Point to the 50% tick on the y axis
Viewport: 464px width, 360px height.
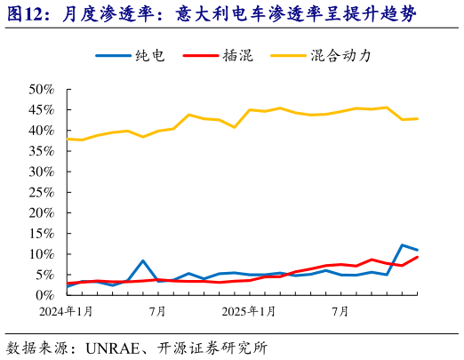(x=42, y=90)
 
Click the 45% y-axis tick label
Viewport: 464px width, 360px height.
(x=42, y=110)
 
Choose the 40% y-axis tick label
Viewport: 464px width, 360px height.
(x=42, y=131)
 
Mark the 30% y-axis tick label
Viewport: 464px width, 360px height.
(x=42, y=172)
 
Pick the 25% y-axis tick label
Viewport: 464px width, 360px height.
(x=42, y=192)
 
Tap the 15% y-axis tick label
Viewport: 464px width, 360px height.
(x=42, y=233)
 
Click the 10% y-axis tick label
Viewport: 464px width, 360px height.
(x=42, y=254)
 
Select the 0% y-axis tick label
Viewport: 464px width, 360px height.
(x=45, y=295)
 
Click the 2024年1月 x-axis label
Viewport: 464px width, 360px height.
(x=67, y=312)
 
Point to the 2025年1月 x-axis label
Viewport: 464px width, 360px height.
(x=249, y=312)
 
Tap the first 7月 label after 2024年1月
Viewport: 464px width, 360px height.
(x=158, y=312)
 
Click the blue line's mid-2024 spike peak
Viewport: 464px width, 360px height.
(x=142, y=260)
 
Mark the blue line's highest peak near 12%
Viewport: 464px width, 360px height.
(x=402, y=244)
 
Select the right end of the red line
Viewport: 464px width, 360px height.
(x=417, y=257)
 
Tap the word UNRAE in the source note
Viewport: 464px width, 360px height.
(x=110, y=347)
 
